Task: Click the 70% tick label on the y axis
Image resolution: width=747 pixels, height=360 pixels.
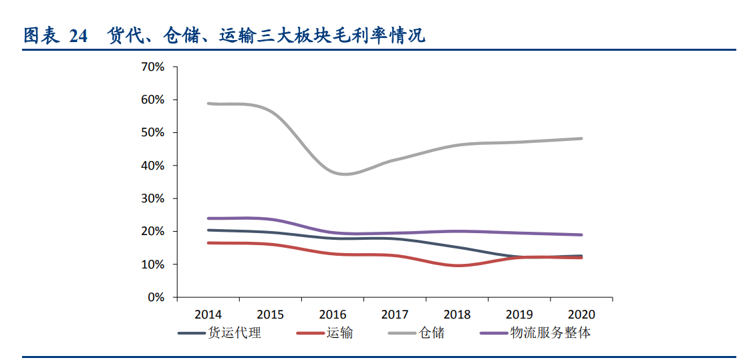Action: tap(153, 67)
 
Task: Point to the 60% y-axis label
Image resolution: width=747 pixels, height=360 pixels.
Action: tap(153, 100)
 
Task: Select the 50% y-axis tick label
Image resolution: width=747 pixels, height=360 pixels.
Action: tap(153, 132)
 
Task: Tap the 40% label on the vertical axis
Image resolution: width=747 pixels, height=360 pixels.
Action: tap(153, 166)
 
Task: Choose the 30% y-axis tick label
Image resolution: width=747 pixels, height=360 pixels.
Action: tap(153, 198)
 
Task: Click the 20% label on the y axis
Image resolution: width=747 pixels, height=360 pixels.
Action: tap(153, 231)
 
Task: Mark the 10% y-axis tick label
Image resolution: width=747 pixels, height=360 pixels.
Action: tap(153, 264)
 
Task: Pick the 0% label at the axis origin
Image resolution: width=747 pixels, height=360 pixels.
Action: tap(156, 297)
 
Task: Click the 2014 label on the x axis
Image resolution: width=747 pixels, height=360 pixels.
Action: tap(208, 314)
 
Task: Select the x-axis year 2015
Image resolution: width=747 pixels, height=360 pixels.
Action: tap(270, 314)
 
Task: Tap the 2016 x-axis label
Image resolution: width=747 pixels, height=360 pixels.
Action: tap(332, 314)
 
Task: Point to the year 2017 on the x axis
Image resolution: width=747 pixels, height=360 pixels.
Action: tap(395, 314)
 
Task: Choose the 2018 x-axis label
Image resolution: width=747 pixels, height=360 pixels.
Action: tap(457, 314)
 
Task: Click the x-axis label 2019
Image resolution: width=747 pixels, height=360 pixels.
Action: tap(519, 314)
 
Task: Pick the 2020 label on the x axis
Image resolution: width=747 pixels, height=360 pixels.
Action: tap(581, 314)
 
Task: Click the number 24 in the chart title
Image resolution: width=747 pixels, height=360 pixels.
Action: tap(78, 36)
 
